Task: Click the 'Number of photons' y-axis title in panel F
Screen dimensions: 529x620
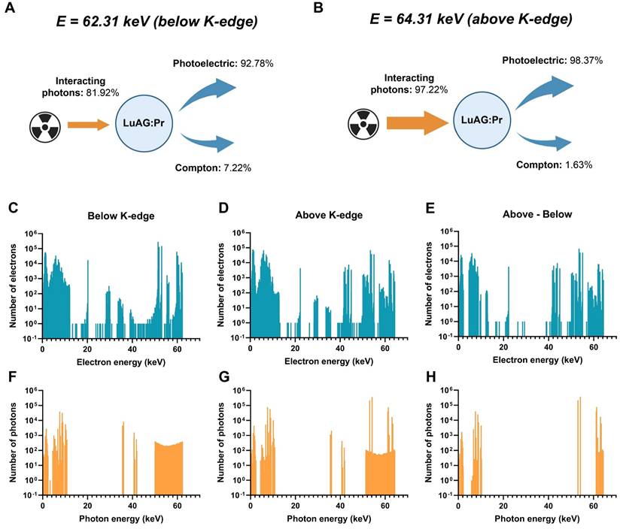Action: [13, 443]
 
